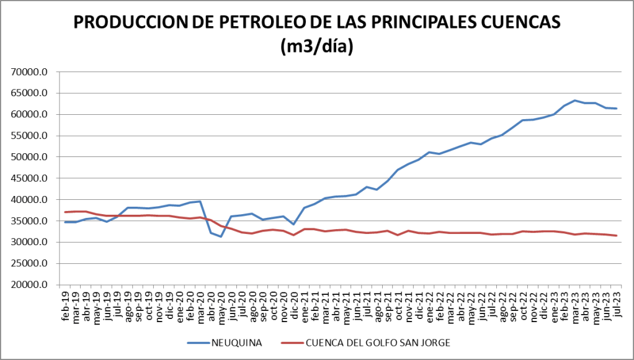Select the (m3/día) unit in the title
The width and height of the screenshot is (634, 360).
[316, 46]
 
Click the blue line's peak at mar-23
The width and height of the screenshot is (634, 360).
[574, 101]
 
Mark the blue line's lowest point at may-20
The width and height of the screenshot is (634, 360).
[221, 236]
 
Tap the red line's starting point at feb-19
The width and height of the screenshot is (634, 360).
[65, 212]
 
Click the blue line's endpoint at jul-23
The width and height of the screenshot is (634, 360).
[616, 109]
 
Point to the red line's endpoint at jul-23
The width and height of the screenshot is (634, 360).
[616, 236]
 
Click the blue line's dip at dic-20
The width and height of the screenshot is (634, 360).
[293, 224]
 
